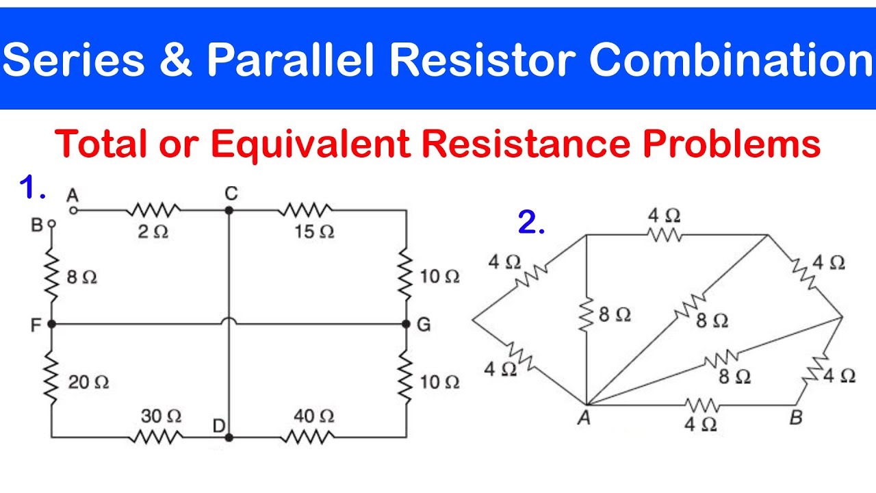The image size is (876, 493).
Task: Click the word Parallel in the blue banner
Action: (290, 59)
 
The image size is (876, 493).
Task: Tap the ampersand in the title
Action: (176, 60)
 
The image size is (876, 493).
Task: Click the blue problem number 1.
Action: (32, 188)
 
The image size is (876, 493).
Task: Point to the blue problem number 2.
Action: (531, 223)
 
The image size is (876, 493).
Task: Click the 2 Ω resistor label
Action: (153, 232)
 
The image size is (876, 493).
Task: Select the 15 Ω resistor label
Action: (314, 231)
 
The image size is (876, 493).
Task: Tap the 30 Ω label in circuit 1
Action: (161, 416)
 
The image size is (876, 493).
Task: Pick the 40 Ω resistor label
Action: (314, 416)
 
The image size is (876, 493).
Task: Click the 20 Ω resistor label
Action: (88, 382)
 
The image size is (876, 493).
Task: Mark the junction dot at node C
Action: (229, 210)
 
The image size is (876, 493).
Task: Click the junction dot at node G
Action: (406, 324)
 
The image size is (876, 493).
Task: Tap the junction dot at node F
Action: (51, 324)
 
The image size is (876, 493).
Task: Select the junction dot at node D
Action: (229, 438)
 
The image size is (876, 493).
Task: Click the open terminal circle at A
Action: (73, 210)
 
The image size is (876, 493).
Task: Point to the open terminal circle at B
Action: (51, 224)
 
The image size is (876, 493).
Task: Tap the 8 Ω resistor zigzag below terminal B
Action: (51, 276)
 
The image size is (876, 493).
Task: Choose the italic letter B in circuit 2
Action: (796, 418)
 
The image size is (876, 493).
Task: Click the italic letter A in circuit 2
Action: (584, 418)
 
